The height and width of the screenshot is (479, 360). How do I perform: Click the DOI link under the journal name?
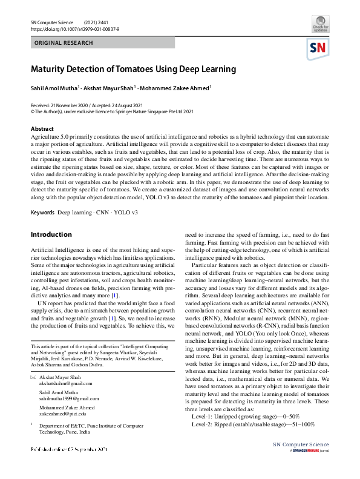[x=71, y=28]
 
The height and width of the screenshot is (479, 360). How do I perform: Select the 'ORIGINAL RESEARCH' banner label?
[x=64, y=43]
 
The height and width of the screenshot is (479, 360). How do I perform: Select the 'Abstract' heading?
[x=42, y=129]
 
